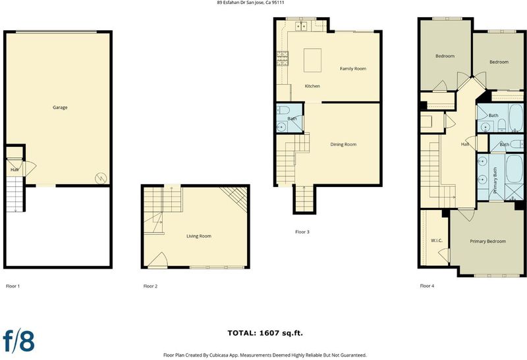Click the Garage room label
pos(60,107)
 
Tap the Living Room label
pos(199,236)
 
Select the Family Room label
pos(353,68)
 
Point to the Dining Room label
pos(343,144)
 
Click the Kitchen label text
pos(312,86)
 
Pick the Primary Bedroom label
pos(487,241)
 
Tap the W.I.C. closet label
pos(437,240)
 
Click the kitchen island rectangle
pos(312,60)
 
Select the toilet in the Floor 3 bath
pos(283,109)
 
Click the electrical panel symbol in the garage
pos(101,178)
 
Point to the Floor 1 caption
pos(13,286)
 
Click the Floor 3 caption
pos(302,232)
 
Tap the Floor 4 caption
pos(427,286)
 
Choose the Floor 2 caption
pos(150,286)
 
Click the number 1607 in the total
pos(269,333)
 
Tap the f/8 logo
pos(19,340)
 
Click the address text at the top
pos(251,3)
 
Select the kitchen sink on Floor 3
pos(301,26)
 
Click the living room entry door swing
pos(158,260)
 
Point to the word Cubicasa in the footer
pos(219,355)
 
